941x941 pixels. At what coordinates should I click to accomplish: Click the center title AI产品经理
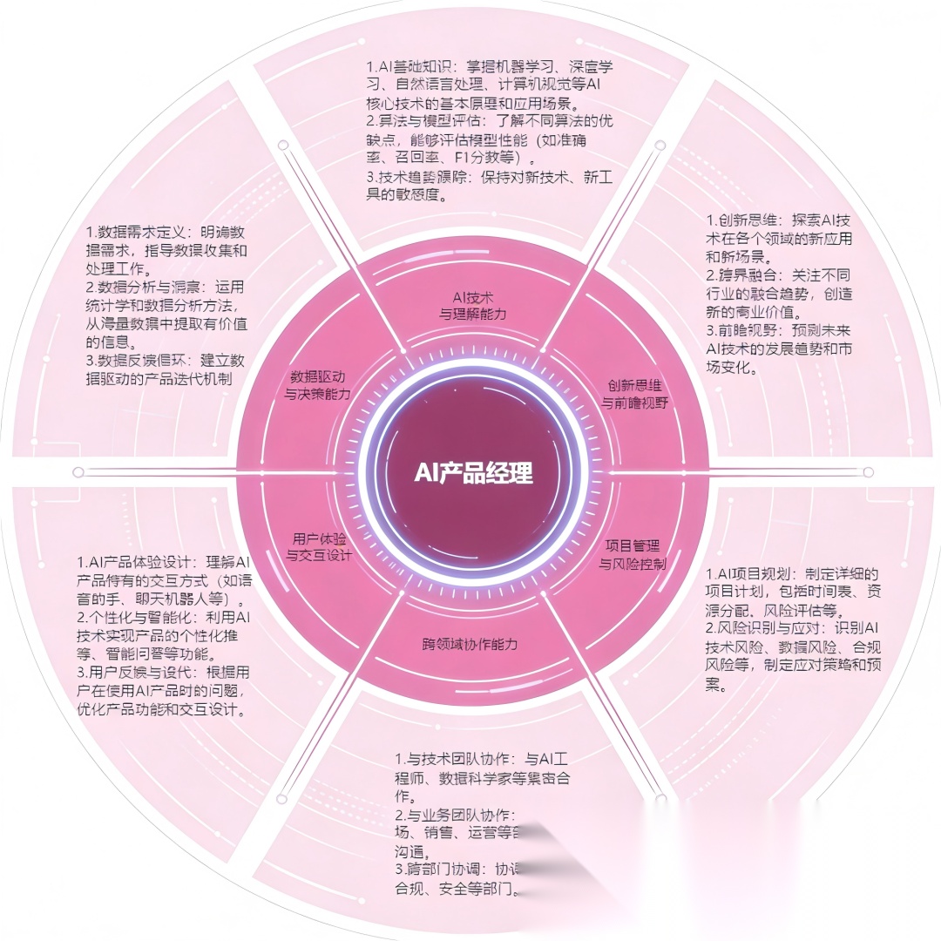[473, 473]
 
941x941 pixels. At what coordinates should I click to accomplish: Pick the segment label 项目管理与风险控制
[633, 554]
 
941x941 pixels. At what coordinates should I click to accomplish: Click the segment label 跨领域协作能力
[470, 645]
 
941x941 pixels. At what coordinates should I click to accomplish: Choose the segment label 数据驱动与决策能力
[318, 386]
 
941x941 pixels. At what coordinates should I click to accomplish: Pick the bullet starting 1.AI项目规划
[791, 592]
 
